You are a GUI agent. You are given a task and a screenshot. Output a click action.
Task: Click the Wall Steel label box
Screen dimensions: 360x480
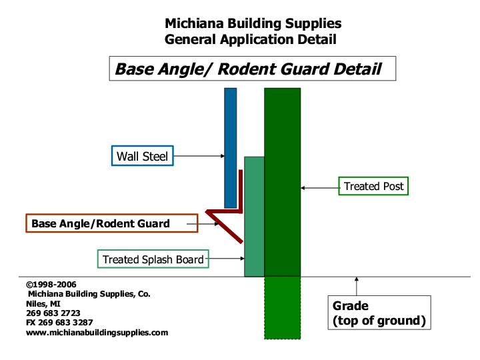click(x=141, y=156)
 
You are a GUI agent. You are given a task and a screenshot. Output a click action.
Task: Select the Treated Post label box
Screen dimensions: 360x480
click(x=374, y=187)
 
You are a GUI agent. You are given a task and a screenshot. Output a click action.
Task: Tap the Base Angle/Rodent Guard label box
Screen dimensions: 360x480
click(x=112, y=223)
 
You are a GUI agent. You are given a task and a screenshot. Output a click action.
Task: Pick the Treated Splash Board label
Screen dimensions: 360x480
click(x=153, y=259)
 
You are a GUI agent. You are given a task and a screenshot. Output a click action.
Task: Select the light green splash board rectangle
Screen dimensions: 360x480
click(x=254, y=217)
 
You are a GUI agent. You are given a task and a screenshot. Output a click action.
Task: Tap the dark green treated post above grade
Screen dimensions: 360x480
click(x=282, y=181)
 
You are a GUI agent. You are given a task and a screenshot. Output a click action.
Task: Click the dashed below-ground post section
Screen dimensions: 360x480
click(x=282, y=307)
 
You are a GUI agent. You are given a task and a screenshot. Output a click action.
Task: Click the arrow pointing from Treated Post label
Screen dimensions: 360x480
click(x=320, y=188)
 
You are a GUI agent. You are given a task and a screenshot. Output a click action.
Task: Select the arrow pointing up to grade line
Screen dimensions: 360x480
click(x=357, y=286)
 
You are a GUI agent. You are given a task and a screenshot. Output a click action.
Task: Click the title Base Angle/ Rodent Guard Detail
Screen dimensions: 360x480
click(x=248, y=69)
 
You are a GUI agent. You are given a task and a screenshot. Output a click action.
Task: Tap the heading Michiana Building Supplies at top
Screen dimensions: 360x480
click(x=253, y=23)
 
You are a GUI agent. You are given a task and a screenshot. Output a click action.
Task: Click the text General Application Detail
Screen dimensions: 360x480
click(x=250, y=39)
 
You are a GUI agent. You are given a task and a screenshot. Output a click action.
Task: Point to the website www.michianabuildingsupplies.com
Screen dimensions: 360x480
click(x=97, y=332)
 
